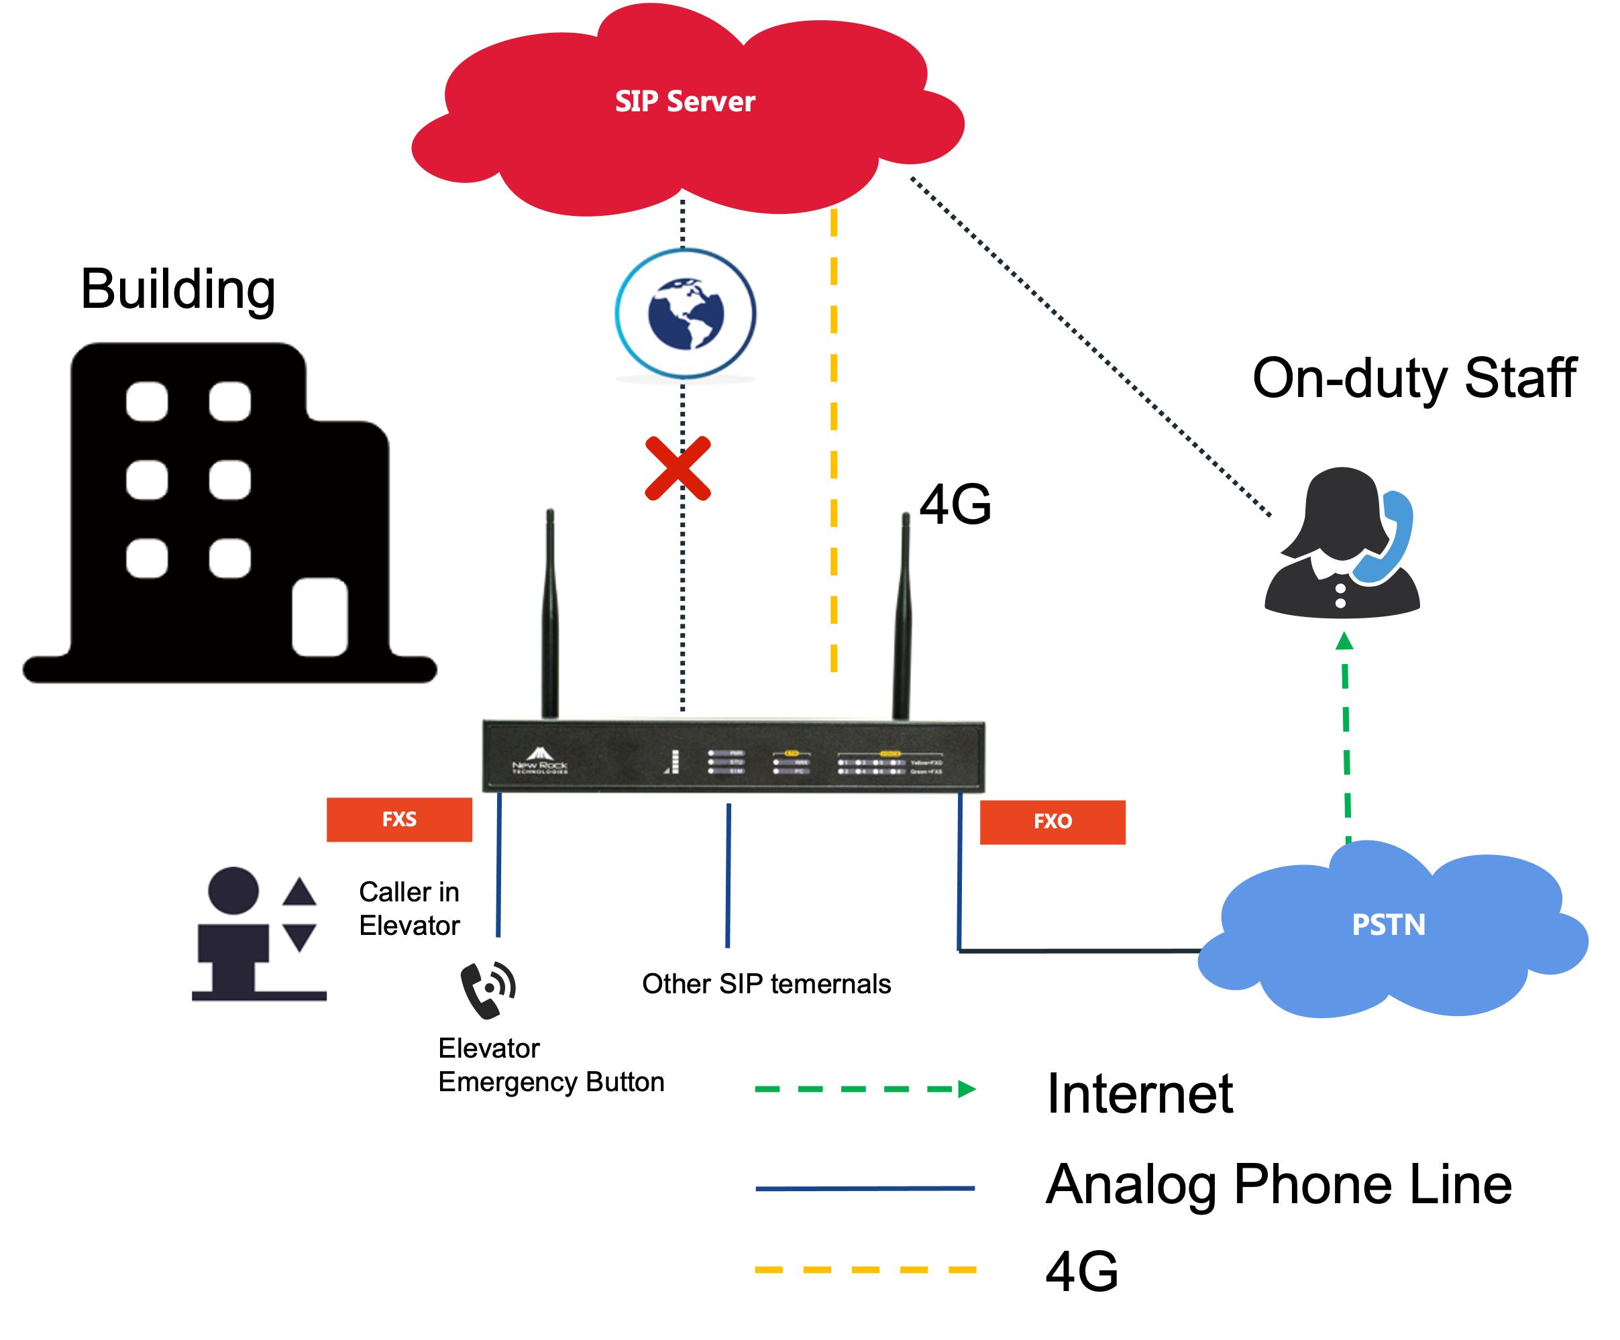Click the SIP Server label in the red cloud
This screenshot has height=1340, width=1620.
click(684, 102)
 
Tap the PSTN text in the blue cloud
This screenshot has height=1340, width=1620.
click(1389, 924)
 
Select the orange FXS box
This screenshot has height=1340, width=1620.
click(400, 820)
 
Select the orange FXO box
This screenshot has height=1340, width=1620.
click(1052, 822)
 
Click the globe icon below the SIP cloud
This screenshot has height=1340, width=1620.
click(686, 314)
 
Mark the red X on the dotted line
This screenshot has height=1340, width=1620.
click(678, 468)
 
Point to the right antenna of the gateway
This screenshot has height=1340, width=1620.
click(903, 617)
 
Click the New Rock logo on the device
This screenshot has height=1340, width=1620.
click(540, 760)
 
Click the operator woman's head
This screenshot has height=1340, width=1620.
click(1342, 509)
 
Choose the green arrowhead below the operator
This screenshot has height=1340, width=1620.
click(1344, 640)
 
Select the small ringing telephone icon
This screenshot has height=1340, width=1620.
click(488, 989)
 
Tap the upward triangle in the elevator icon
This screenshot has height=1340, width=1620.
click(299, 893)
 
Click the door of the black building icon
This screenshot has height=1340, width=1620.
click(319, 617)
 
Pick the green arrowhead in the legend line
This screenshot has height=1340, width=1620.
click(967, 1088)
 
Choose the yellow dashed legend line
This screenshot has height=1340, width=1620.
click(865, 1269)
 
